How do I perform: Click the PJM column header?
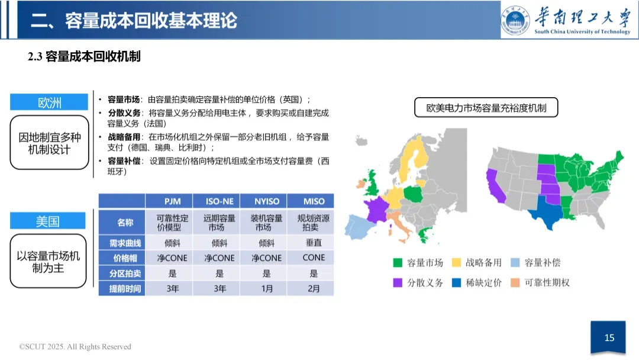click(x=172, y=201)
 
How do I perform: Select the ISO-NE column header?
click(x=220, y=201)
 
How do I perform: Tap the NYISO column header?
click(x=267, y=201)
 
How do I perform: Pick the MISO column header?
click(x=314, y=201)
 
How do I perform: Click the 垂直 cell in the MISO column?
click(x=314, y=242)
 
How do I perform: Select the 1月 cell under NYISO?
click(x=267, y=289)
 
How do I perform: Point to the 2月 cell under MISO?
click(x=314, y=289)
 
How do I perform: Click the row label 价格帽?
click(x=121, y=258)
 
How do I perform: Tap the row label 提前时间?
click(x=121, y=289)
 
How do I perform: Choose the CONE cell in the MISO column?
click(x=314, y=258)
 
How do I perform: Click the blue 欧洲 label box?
click(x=50, y=102)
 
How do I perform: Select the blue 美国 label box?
click(x=50, y=221)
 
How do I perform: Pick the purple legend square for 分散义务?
click(x=398, y=283)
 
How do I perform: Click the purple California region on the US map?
click(x=492, y=185)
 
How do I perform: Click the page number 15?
click(x=609, y=338)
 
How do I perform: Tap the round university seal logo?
click(x=516, y=20)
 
